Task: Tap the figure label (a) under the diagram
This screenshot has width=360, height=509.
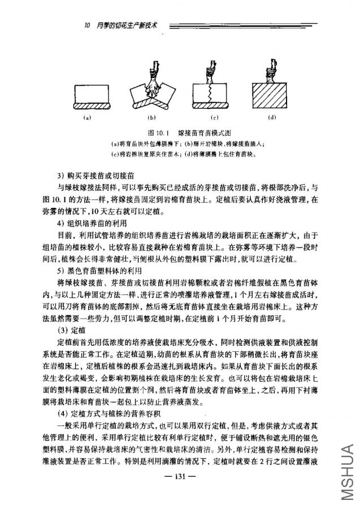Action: click(87, 118)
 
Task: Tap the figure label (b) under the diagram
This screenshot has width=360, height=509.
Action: click(151, 118)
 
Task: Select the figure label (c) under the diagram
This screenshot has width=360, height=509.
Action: click(214, 118)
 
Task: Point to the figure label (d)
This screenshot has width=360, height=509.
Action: click(272, 118)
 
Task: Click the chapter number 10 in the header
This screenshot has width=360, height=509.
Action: click(86, 25)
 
